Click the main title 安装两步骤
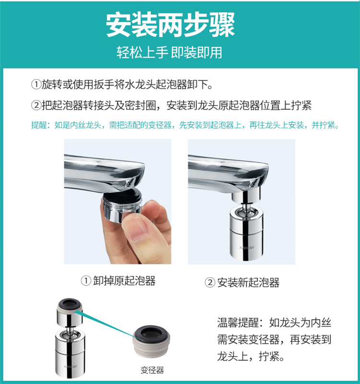(x=170, y=25)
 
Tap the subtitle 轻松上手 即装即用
(x=169, y=52)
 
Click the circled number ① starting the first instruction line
(x=36, y=85)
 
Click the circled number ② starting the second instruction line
(x=36, y=106)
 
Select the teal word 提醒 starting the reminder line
(x=39, y=125)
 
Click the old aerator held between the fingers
(x=122, y=205)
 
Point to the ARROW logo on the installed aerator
(x=247, y=248)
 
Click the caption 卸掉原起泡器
(x=124, y=281)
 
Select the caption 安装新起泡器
(x=248, y=283)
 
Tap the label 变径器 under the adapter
(x=152, y=370)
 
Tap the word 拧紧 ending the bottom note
(x=269, y=356)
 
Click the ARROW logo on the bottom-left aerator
(x=70, y=367)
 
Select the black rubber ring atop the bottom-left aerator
(x=70, y=303)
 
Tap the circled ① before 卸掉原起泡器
(x=86, y=281)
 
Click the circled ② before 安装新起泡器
(x=210, y=283)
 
